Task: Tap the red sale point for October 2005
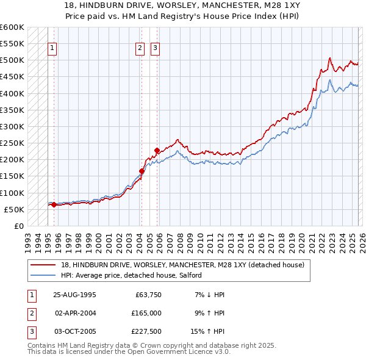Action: pos(157,150)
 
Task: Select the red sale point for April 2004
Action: pos(142,171)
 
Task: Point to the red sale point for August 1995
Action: pos(54,205)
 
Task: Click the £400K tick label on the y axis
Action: pos(12,93)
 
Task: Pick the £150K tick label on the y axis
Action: pos(12,176)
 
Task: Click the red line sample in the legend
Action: pos(44,265)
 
